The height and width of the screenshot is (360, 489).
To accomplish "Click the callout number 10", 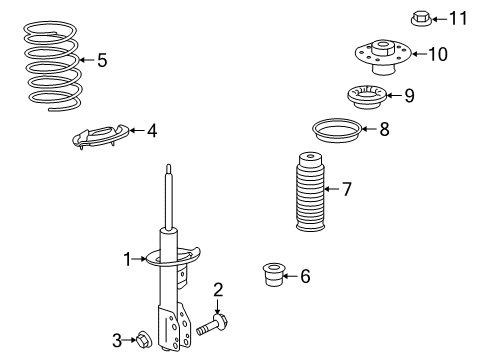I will tap(438, 53).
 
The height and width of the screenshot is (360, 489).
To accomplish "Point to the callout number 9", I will tap(408, 96).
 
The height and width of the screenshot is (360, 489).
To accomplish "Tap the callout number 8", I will tap(385, 128).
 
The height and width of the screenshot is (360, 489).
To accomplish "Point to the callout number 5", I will tap(102, 61).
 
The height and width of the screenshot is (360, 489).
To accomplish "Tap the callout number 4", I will tap(151, 130).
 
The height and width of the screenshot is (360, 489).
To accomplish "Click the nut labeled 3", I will tap(144, 340).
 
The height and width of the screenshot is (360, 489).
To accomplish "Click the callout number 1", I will tap(128, 259).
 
